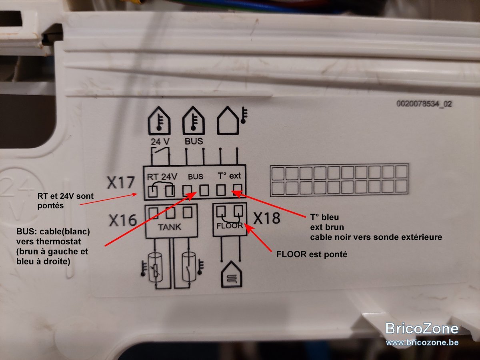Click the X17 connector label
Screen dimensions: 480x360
click(121, 182)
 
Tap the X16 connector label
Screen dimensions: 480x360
click(123, 220)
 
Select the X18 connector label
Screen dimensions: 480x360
click(266, 218)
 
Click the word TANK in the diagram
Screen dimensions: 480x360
click(170, 227)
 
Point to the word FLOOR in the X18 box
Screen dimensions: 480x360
click(230, 226)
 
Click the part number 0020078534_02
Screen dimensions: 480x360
click(424, 104)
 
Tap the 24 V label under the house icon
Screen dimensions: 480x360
click(160, 142)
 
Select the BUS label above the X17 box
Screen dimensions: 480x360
click(194, 141)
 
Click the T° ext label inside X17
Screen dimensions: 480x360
click(229, 176)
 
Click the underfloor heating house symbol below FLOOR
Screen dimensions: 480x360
click(232, 274)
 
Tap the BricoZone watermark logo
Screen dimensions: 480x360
click(422, 328)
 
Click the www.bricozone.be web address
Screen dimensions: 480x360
click(422, 342)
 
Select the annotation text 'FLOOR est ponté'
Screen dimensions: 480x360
click(312, 254)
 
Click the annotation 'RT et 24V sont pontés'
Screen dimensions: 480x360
click(66, 201)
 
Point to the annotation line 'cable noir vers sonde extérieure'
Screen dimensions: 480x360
click(376, 237)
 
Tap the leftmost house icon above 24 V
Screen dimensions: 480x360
click(159, 120)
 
